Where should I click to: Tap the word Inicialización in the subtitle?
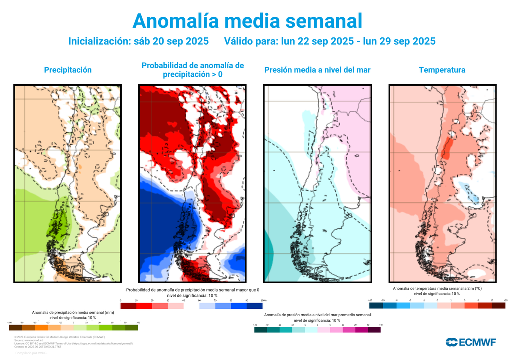(99, 41)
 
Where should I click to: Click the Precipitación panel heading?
(68, 70)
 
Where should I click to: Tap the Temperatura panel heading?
(442, 70)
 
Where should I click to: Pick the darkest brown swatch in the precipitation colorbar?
(15, 328)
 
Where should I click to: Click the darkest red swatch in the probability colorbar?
(128, 306)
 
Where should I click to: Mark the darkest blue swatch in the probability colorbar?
(255, 306)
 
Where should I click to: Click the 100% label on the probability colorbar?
(264, 300)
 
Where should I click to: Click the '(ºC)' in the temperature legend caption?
(477, 288)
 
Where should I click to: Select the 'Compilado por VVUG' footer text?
(31, 353)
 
